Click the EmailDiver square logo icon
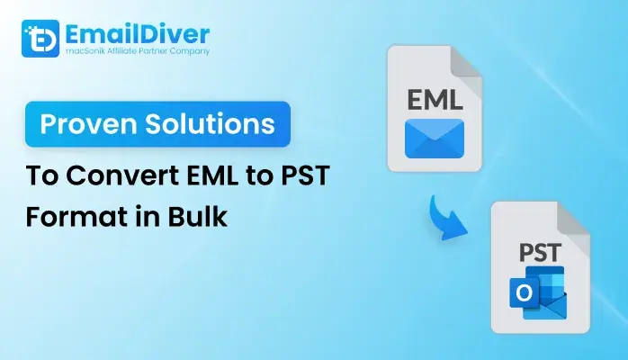pyautogui.click(x=40, y=39)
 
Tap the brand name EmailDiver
pyautogui.click(x=137, y=34)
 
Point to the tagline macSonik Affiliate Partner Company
pyautogui.click(x=138, y=51)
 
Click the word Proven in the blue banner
pyautogui.click(x=88, y=123)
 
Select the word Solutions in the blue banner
pyautogui.click(x=210, y=123)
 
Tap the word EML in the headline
pyautogui.click(x=212, y=175)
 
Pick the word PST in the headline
pyautogui.click(x=305, y=175)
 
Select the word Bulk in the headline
pyautogui.click(x=197, y=216)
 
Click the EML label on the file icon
pyautogui.click(x=435, y=100)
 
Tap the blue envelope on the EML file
pyautogui.click(x=435, y=139)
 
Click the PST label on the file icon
pyautogui.click(x=541, y=253)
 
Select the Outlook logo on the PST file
pyautogui.click(x=538, y=292)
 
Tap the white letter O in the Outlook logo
pyautogui.click(x=524, y=293)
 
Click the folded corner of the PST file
pyautogui.click(x=573, y=218)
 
